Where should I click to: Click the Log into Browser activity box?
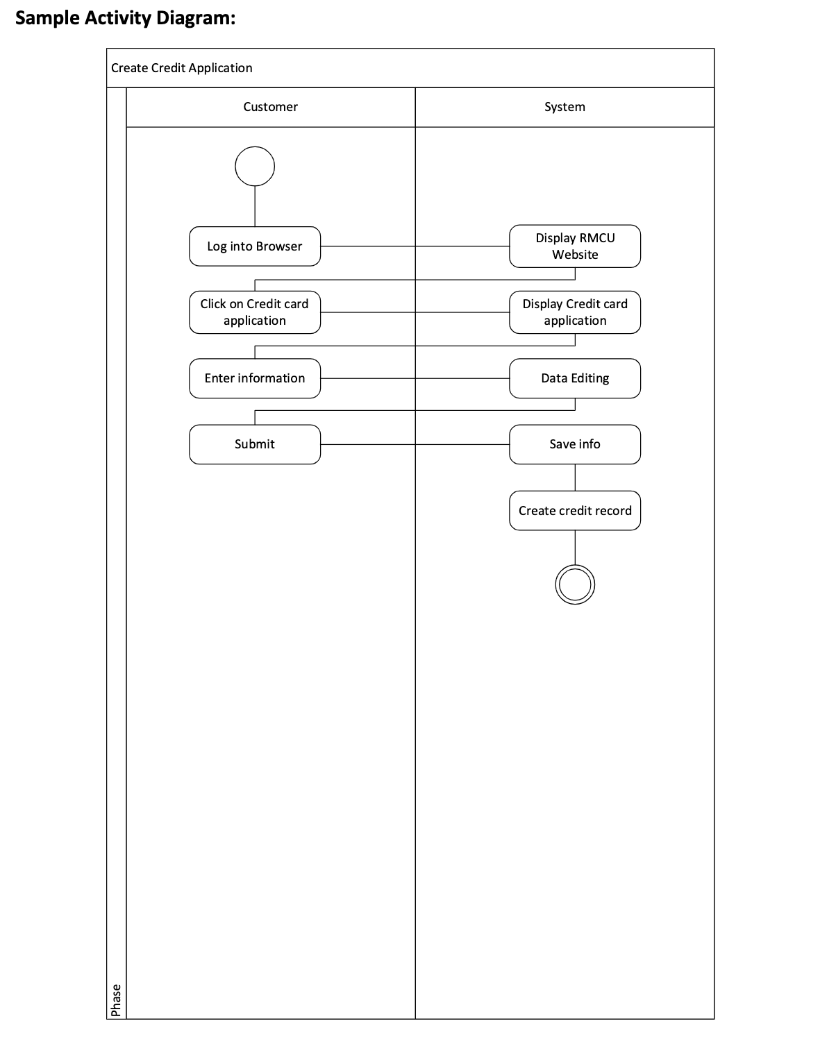tap(255, 246)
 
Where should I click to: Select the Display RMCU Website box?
tap(575, 246)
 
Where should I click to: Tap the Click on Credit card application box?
tap(255, 312)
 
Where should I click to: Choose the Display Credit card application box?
tap(575, 312)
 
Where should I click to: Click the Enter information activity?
tap(255, 378)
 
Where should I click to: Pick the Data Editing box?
tap(575, 378)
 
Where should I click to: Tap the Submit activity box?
tap(255, 444)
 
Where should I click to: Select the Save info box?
tap(575, 444)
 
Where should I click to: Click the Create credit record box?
tap(575, 511)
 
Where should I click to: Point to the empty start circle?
tap(255, 167)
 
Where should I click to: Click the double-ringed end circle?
tap(575, 584)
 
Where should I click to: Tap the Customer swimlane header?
tap(270, 107)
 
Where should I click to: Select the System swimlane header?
tap(565, 107)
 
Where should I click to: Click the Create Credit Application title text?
tap(182, 68)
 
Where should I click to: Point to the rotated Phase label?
tap(116, 999)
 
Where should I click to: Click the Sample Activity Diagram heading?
tap(126, 18)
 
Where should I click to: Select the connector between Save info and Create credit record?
tap(575, 478)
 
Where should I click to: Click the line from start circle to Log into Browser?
tap(255, 206)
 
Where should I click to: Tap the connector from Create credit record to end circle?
tap(575, 548)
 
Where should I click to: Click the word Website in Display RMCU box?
tap(575, 255)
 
